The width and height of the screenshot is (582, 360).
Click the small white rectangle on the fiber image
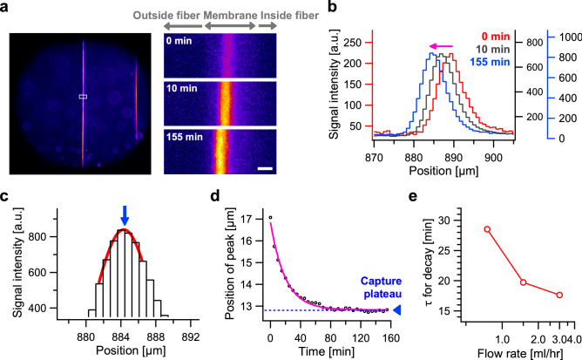click(x=83, y=96)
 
